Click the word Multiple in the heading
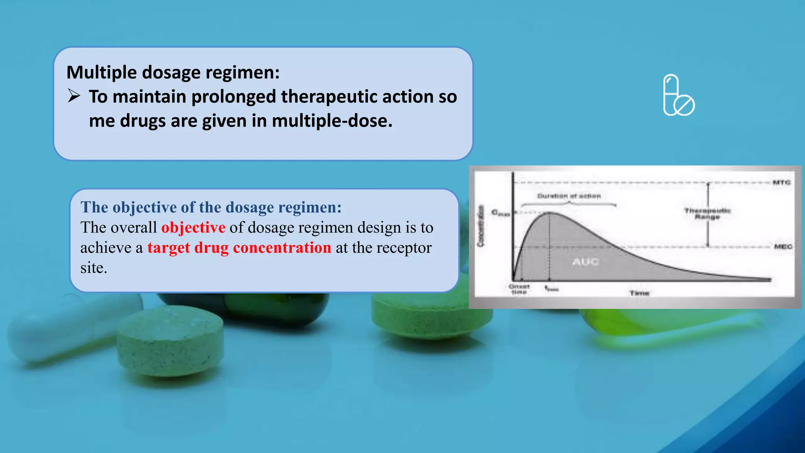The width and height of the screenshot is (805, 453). pyautogui.click(x=102, y=73)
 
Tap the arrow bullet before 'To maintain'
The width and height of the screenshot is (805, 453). pyautogui.click(x=74, y=96)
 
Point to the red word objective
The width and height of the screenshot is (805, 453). pyautogui.click(x=193, y=227)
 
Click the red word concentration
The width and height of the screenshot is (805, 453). pyautogui.click(x=282, y=248)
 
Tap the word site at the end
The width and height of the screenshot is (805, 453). pyautogui.click(x=94, y=268)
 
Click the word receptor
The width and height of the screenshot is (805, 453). pyautogui.click(x=404, y=248)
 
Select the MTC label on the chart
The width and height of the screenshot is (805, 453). pyautogui.click(x=781, y=182)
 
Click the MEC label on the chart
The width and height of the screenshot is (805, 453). pyautogui.click(x=783, y=246)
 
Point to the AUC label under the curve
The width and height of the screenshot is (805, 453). pyautogui.click(x=585, y=262)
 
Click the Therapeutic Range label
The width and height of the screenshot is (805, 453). pyautogui.click(x=707, y=213)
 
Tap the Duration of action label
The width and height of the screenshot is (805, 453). pyautogui.click(x=569, y=196)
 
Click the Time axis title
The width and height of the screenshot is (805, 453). pyautogui.click(x=639, y=293)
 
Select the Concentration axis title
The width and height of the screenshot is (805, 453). pyautogui.click(x=481, y=226)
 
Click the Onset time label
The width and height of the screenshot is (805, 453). pyautogui.click(x=519, y=289)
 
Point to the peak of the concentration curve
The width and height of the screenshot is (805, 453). pyautogui.click(x=549, y=213)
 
